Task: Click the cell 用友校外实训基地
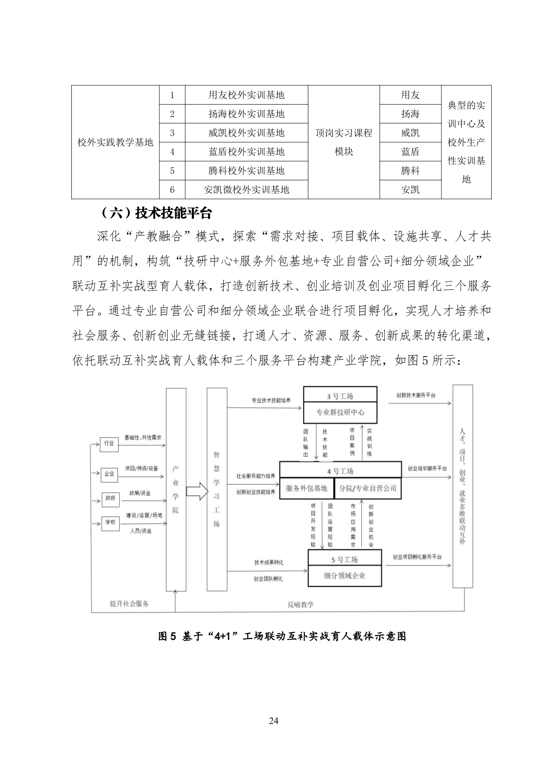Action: pos(247,95)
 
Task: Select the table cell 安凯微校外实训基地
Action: pos(247,189)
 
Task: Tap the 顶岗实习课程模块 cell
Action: pos(344,142)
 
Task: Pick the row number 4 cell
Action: pos(172,152)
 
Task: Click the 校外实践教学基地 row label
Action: pos(115,142)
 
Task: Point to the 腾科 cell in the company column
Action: pos(410,171)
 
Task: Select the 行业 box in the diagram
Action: pos(109,444)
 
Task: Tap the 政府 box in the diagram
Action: pos(110,498)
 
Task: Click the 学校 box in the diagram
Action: pos(110,522)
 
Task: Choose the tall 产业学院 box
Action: pos(176,489)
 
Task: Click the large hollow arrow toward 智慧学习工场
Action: pos(197,490)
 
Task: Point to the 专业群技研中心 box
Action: pos(340,412)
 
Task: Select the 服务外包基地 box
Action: pos(307,488)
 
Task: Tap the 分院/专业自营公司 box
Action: pos(368,488)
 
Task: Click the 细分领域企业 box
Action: pos(345,576)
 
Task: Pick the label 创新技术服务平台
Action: pos(416,395)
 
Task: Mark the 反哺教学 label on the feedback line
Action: pos(300,605)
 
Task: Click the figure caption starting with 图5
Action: pos(282,636)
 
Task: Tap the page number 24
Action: pos(274,721)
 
